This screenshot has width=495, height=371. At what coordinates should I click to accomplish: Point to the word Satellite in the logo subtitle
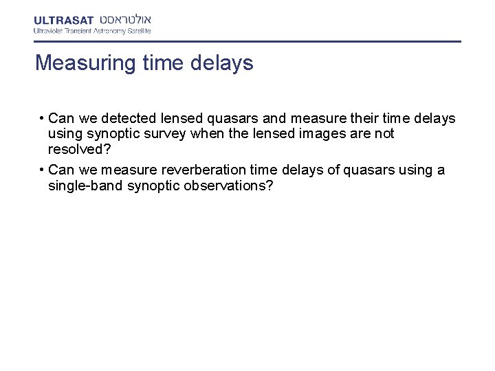[x=136, y=30]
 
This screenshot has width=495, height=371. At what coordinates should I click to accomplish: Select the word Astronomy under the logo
[x=105, y=30]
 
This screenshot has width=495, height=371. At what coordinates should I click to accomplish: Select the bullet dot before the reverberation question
[x=42, y=170]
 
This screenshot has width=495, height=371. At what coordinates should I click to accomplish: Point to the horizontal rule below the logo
[x=247, y=41]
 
